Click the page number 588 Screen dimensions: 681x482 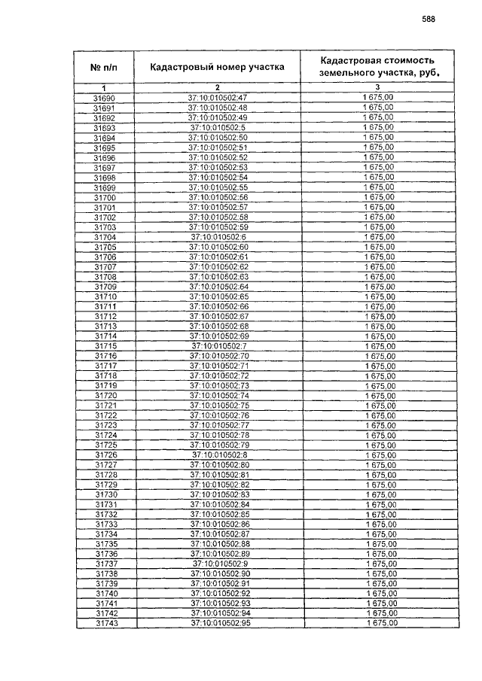429,20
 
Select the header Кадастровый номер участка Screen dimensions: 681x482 217,67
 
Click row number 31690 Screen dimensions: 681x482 104,98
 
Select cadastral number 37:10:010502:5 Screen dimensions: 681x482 218,128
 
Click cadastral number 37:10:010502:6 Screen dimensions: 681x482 218,237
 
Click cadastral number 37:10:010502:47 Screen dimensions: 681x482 217,98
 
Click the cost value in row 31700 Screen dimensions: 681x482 379,197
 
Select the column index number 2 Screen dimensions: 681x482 217,89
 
